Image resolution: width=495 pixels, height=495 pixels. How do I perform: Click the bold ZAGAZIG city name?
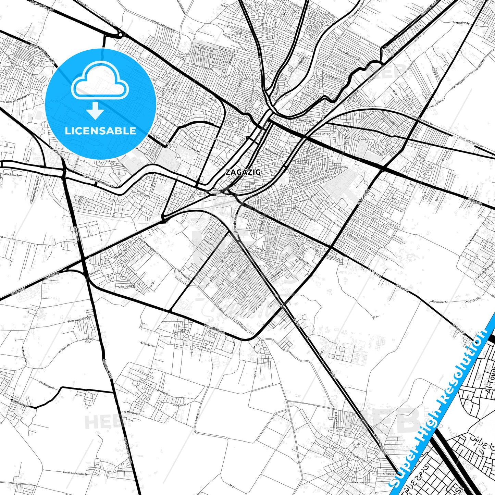pyautogui.click(x=243, y=172)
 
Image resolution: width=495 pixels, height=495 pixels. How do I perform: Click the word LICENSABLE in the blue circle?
pyautogui.click(x=100, y=131)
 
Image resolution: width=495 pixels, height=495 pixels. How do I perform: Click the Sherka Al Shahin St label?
pyautogui.click(x=78, y=320)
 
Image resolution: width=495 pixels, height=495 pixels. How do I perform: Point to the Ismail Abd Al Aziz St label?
pyautogui.click(x=75, y=473)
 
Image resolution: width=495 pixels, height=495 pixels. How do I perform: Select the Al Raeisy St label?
pyautogui.click(x=21, y=403)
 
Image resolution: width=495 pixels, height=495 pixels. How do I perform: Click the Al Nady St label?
pyautogui.click(x=163, y=392)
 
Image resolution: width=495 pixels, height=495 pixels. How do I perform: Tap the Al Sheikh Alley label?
pyautogui.click(x=357, y=457)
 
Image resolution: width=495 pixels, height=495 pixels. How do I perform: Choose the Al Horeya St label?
pyautogui.click(x=389, y=474)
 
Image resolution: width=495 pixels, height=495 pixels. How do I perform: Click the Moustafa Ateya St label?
pyautogui.click(x=306, y=215)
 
